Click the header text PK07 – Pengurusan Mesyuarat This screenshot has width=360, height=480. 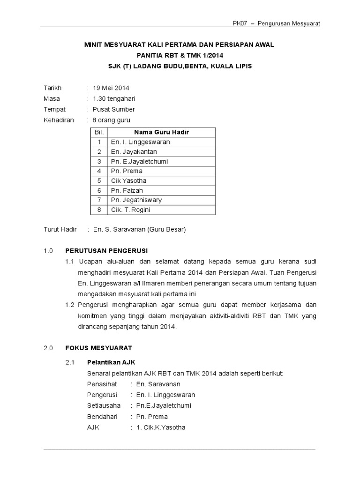point(276,23)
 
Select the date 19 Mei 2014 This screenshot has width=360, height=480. point(111,88)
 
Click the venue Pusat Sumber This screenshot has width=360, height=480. point(113,109)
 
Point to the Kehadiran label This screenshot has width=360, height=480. point(59,120)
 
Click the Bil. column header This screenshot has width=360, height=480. point(99,132)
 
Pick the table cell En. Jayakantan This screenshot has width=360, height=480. point(134,151)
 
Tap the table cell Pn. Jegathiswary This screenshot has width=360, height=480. point(136,200)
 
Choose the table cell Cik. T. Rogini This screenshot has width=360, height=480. point(130,210)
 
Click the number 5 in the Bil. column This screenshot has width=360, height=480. point(99,180)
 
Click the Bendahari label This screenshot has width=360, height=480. point(102,416)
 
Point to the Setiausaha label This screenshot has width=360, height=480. point(104,405)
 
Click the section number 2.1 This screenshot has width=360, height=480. point(70,362)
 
